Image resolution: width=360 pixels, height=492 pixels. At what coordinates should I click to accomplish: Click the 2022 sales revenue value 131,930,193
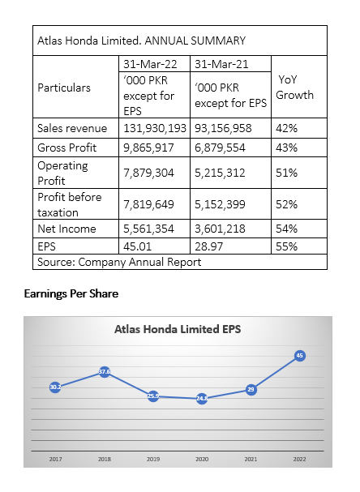[155, 128]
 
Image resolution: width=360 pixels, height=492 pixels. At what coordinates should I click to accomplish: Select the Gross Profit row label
[66, 148]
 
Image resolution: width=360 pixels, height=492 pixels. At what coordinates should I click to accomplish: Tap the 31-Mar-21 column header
[221, 64]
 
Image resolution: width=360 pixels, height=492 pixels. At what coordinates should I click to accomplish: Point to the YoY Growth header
[294, 88]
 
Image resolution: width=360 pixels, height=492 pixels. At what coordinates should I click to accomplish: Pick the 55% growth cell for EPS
[286, 246]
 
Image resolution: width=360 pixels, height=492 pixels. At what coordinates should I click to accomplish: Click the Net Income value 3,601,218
[220, 229]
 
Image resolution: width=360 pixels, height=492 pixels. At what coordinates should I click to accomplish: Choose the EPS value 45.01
[137, 246]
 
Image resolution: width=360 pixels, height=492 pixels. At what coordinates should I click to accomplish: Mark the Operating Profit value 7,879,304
[148, 173]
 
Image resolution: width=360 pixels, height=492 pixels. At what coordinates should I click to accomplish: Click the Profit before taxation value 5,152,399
[220, 204]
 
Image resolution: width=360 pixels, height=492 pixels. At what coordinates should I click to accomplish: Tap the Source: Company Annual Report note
[119, 262]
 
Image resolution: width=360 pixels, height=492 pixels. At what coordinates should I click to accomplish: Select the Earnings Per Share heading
[71, 293]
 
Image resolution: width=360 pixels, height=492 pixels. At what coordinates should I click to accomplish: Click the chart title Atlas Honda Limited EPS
[178, 329]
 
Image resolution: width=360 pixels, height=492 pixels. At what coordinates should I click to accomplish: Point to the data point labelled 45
[300, 356]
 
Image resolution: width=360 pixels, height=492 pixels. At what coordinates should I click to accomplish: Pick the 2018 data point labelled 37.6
[105, 372]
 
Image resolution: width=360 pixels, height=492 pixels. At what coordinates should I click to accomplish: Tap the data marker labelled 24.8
[202, 399]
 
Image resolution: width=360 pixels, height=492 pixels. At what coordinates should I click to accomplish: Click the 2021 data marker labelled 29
[251, 390]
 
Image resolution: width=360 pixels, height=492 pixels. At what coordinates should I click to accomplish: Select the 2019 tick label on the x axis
[153, 459]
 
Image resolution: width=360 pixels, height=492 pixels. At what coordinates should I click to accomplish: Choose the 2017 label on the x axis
[56, 459]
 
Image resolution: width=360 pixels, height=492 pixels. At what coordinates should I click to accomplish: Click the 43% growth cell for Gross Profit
[286, 148]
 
